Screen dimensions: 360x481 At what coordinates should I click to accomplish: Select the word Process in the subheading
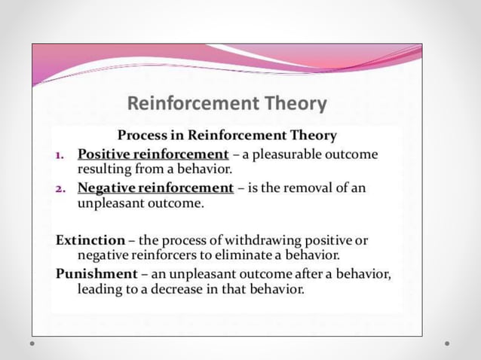tap(143, 136)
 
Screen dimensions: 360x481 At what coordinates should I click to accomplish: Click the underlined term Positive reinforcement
tap(153, 154)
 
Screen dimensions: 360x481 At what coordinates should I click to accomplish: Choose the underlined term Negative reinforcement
tap(155, 187)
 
